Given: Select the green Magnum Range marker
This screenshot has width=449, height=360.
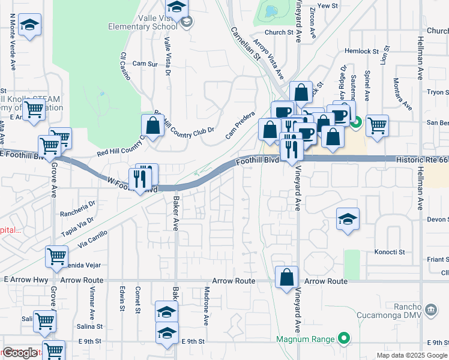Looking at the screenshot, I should pos(343,339).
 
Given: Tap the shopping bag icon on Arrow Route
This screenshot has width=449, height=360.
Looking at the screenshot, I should pos(287,277).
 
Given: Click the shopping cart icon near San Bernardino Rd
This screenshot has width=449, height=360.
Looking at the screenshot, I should pos(377,125).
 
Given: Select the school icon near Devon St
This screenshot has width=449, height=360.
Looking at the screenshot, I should pos(348,220).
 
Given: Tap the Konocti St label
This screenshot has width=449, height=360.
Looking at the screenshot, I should pos(390,252).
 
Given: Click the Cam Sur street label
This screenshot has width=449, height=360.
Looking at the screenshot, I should pos(145,63).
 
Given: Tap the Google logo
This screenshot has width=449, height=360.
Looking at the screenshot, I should pos(20,353).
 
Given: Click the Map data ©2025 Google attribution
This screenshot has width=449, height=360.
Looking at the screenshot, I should pos(412,355).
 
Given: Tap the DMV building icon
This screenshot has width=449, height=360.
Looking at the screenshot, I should pos(430,310).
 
